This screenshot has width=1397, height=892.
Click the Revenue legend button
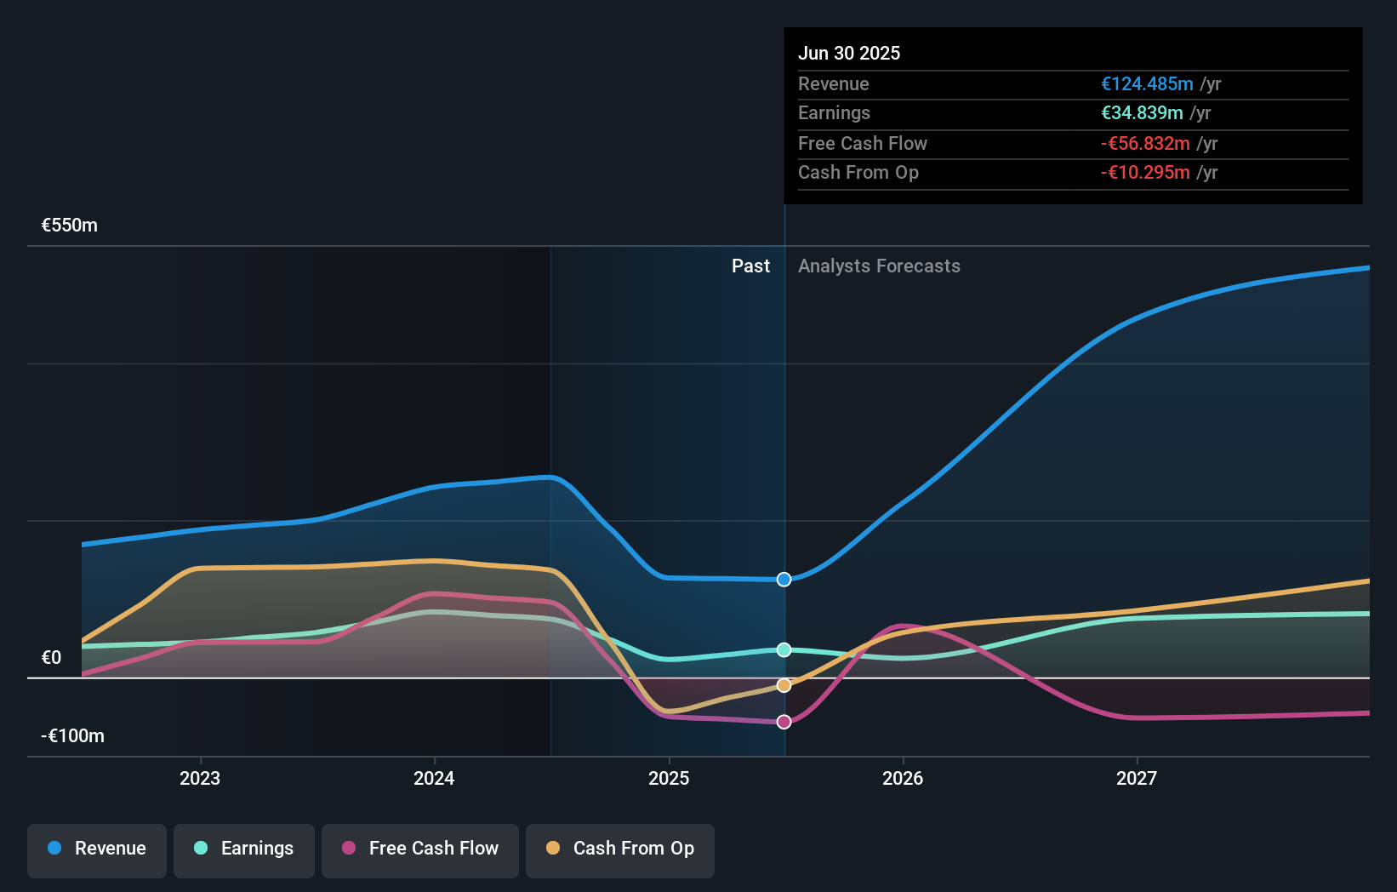97,849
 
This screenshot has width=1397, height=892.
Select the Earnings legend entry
244,849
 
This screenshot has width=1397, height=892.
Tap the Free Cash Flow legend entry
420,849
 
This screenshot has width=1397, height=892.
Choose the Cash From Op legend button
620,849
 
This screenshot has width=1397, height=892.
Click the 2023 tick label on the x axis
200,778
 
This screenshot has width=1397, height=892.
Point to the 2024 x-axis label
434,778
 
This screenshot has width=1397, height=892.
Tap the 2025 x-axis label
669,778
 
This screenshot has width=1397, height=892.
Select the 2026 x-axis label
903,778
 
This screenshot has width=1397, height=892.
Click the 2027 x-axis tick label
1137,778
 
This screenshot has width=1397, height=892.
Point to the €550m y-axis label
70,226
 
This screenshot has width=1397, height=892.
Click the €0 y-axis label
51,658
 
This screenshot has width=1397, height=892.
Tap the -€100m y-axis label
72,736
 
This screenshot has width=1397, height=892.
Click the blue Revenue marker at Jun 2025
784,580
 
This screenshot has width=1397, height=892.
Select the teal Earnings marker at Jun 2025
784,649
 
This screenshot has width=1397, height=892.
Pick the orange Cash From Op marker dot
784,685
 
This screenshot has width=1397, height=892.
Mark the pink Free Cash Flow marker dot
784,722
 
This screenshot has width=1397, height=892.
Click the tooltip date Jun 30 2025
848,53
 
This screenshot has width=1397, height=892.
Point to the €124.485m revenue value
1147,83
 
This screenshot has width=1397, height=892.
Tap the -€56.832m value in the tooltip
1145,143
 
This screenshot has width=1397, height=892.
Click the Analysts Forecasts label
879,266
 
